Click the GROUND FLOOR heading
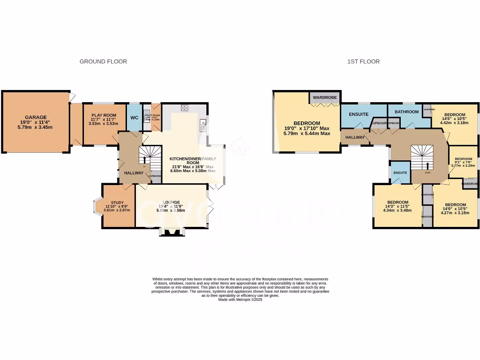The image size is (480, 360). pyautogui.click(x=103, y=61)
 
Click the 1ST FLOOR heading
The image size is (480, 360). pyautogui.click(x=363, y=61)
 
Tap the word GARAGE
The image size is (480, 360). pyautogui.click(x=36, y=117)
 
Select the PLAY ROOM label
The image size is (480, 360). pyautogui.click(x=103, y=115)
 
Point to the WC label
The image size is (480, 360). pyautogui.click(x=134, y=118)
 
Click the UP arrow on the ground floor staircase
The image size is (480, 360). pyautogui.click(x=144, y=166)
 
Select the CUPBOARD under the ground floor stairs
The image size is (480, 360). pyautogui.click(x=155, y=176)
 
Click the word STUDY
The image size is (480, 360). pyautogui.click(x=118, y=202)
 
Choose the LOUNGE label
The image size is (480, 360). pyautogui.click(x=171, y=202)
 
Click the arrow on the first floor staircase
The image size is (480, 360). pyautogui.click(x=427, y=165)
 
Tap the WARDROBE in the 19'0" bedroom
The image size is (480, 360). pyautogui.click(x=325, y=97)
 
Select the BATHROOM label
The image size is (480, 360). pyautogui.click(x=406, y=112)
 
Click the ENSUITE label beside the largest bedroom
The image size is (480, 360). pyautogui.click(x=358, y=114)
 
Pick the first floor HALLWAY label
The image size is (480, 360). pyautogui.click(x=355, y=137)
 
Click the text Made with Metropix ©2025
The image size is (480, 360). pyautogui.click(x=240, y=300)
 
